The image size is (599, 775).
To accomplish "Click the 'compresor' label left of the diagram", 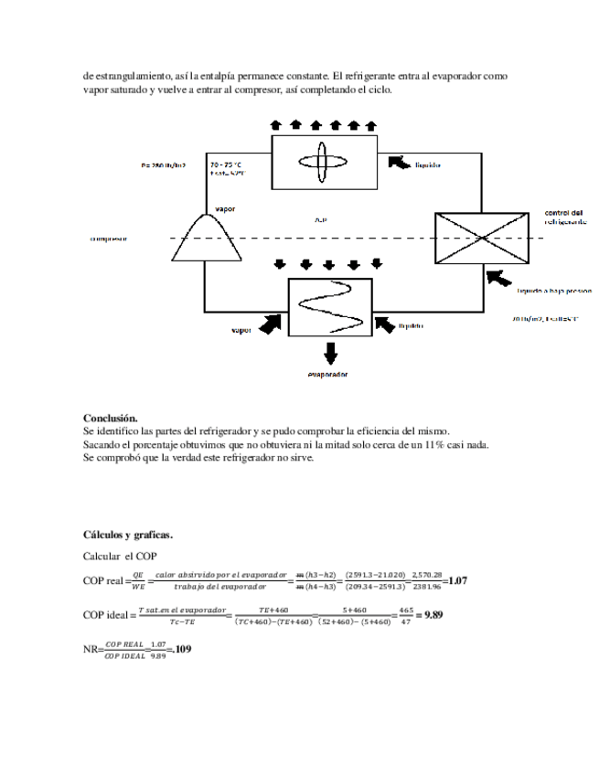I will (108, 239).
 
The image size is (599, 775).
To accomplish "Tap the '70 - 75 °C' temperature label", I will (227, 164).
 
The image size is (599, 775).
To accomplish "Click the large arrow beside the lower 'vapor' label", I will (270, 323).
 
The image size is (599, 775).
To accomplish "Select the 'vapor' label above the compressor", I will (224, 209).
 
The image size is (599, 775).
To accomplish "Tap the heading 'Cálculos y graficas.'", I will (127, 534).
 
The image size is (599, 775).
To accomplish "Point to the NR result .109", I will (180, 650).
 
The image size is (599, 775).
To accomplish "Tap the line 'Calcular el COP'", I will (120, 556).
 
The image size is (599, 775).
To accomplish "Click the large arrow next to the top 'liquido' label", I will (398, 163).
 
